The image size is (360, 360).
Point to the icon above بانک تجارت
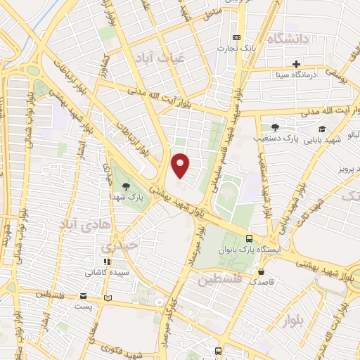pyautogui.click(x=236, y=37)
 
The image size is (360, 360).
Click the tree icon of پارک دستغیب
pyautogui.click(x=274, y=127)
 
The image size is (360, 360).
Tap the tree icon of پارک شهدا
pyautogui.click(x=126, y=186)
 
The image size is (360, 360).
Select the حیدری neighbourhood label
pyautogui.click(x=115, y=247)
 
